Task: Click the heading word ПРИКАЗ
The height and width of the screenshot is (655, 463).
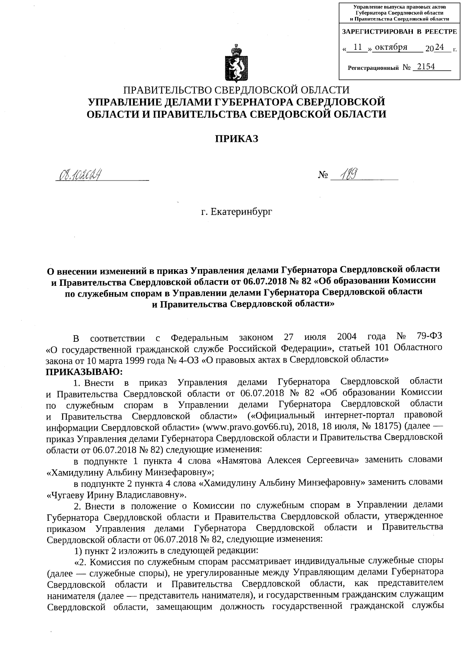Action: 236,139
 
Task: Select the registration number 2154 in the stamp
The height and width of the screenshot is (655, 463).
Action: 423,67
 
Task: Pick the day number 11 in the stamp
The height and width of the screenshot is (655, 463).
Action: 358,47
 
